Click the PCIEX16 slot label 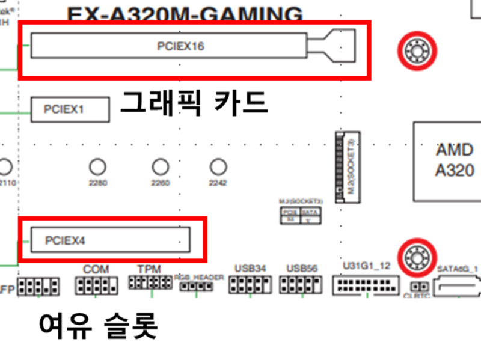coord(180,46)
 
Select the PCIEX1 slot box coord(70,109)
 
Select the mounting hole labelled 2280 coord(97,166)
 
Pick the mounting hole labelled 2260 coord(160,166)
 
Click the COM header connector coord(96,285)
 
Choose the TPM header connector coord(150,283)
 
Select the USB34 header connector coord(251,285)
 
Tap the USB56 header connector coord(301,285)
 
